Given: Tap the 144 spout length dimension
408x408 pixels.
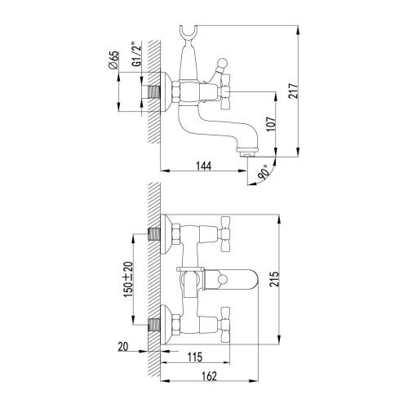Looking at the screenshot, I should pyautogui.click(x=205, y=165).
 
